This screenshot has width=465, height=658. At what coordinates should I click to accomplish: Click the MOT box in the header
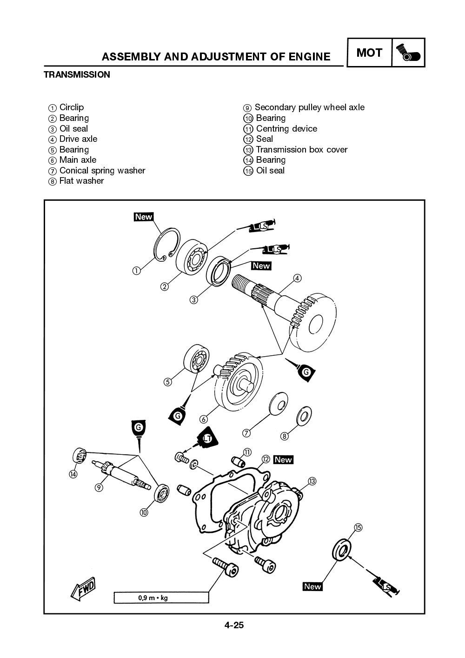369,53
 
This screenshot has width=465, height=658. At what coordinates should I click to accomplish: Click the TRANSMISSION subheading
77,74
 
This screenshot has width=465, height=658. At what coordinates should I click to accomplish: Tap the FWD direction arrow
84,588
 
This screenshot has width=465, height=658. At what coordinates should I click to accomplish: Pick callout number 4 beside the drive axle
297,278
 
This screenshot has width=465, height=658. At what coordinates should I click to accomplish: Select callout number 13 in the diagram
312,481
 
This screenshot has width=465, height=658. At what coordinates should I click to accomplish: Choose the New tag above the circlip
144,217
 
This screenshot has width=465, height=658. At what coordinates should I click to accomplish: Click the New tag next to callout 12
283,459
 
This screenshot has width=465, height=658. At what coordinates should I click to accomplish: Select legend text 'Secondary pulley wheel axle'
309,107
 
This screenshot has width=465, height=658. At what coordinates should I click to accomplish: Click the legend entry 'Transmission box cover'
301,150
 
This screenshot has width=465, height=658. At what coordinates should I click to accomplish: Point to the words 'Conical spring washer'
102,171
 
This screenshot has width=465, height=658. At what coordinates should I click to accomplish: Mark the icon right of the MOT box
409,53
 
